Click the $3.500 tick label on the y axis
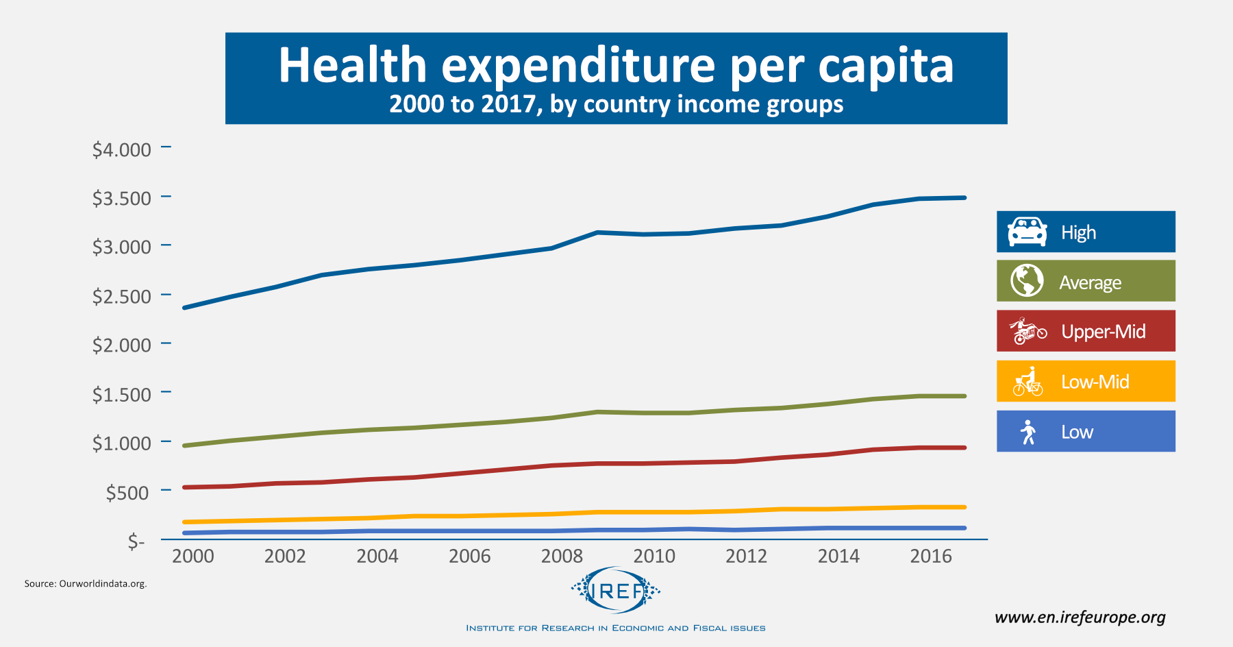click(121, 198)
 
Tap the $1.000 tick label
click(121, 443)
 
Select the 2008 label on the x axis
click(562, 556)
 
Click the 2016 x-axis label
click(931, 556)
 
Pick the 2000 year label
click(193, 556)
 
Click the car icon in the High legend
click(1027, 232)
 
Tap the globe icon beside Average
click(1027, 281)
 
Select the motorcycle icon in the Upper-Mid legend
click(1027, 331)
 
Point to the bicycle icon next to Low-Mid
click(1027, 382)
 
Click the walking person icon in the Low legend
click(1027, 432)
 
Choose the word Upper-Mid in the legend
click(1103, 332)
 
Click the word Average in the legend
click(1090, 282)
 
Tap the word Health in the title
click(352, 65)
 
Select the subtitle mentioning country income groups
click(616, 104)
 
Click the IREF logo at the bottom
click(616, 590)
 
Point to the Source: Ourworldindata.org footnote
click(86, 584)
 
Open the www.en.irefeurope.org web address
click(1080, 618)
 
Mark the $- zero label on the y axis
click(136, 542)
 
